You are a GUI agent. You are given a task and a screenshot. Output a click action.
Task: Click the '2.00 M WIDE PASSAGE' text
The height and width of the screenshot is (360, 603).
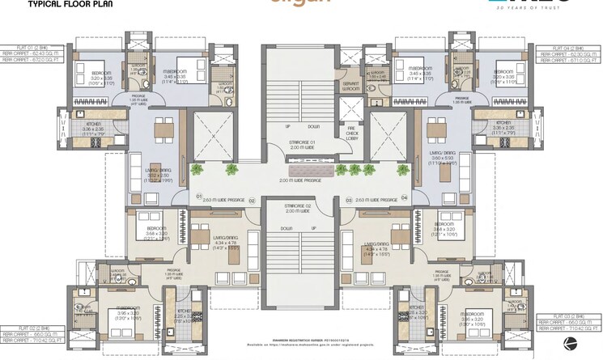[x=301, y=180]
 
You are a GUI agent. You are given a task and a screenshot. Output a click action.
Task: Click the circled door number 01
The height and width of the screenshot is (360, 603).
[x=198, y=196]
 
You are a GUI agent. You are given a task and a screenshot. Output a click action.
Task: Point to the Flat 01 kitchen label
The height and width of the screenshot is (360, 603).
[x=87, y=125]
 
